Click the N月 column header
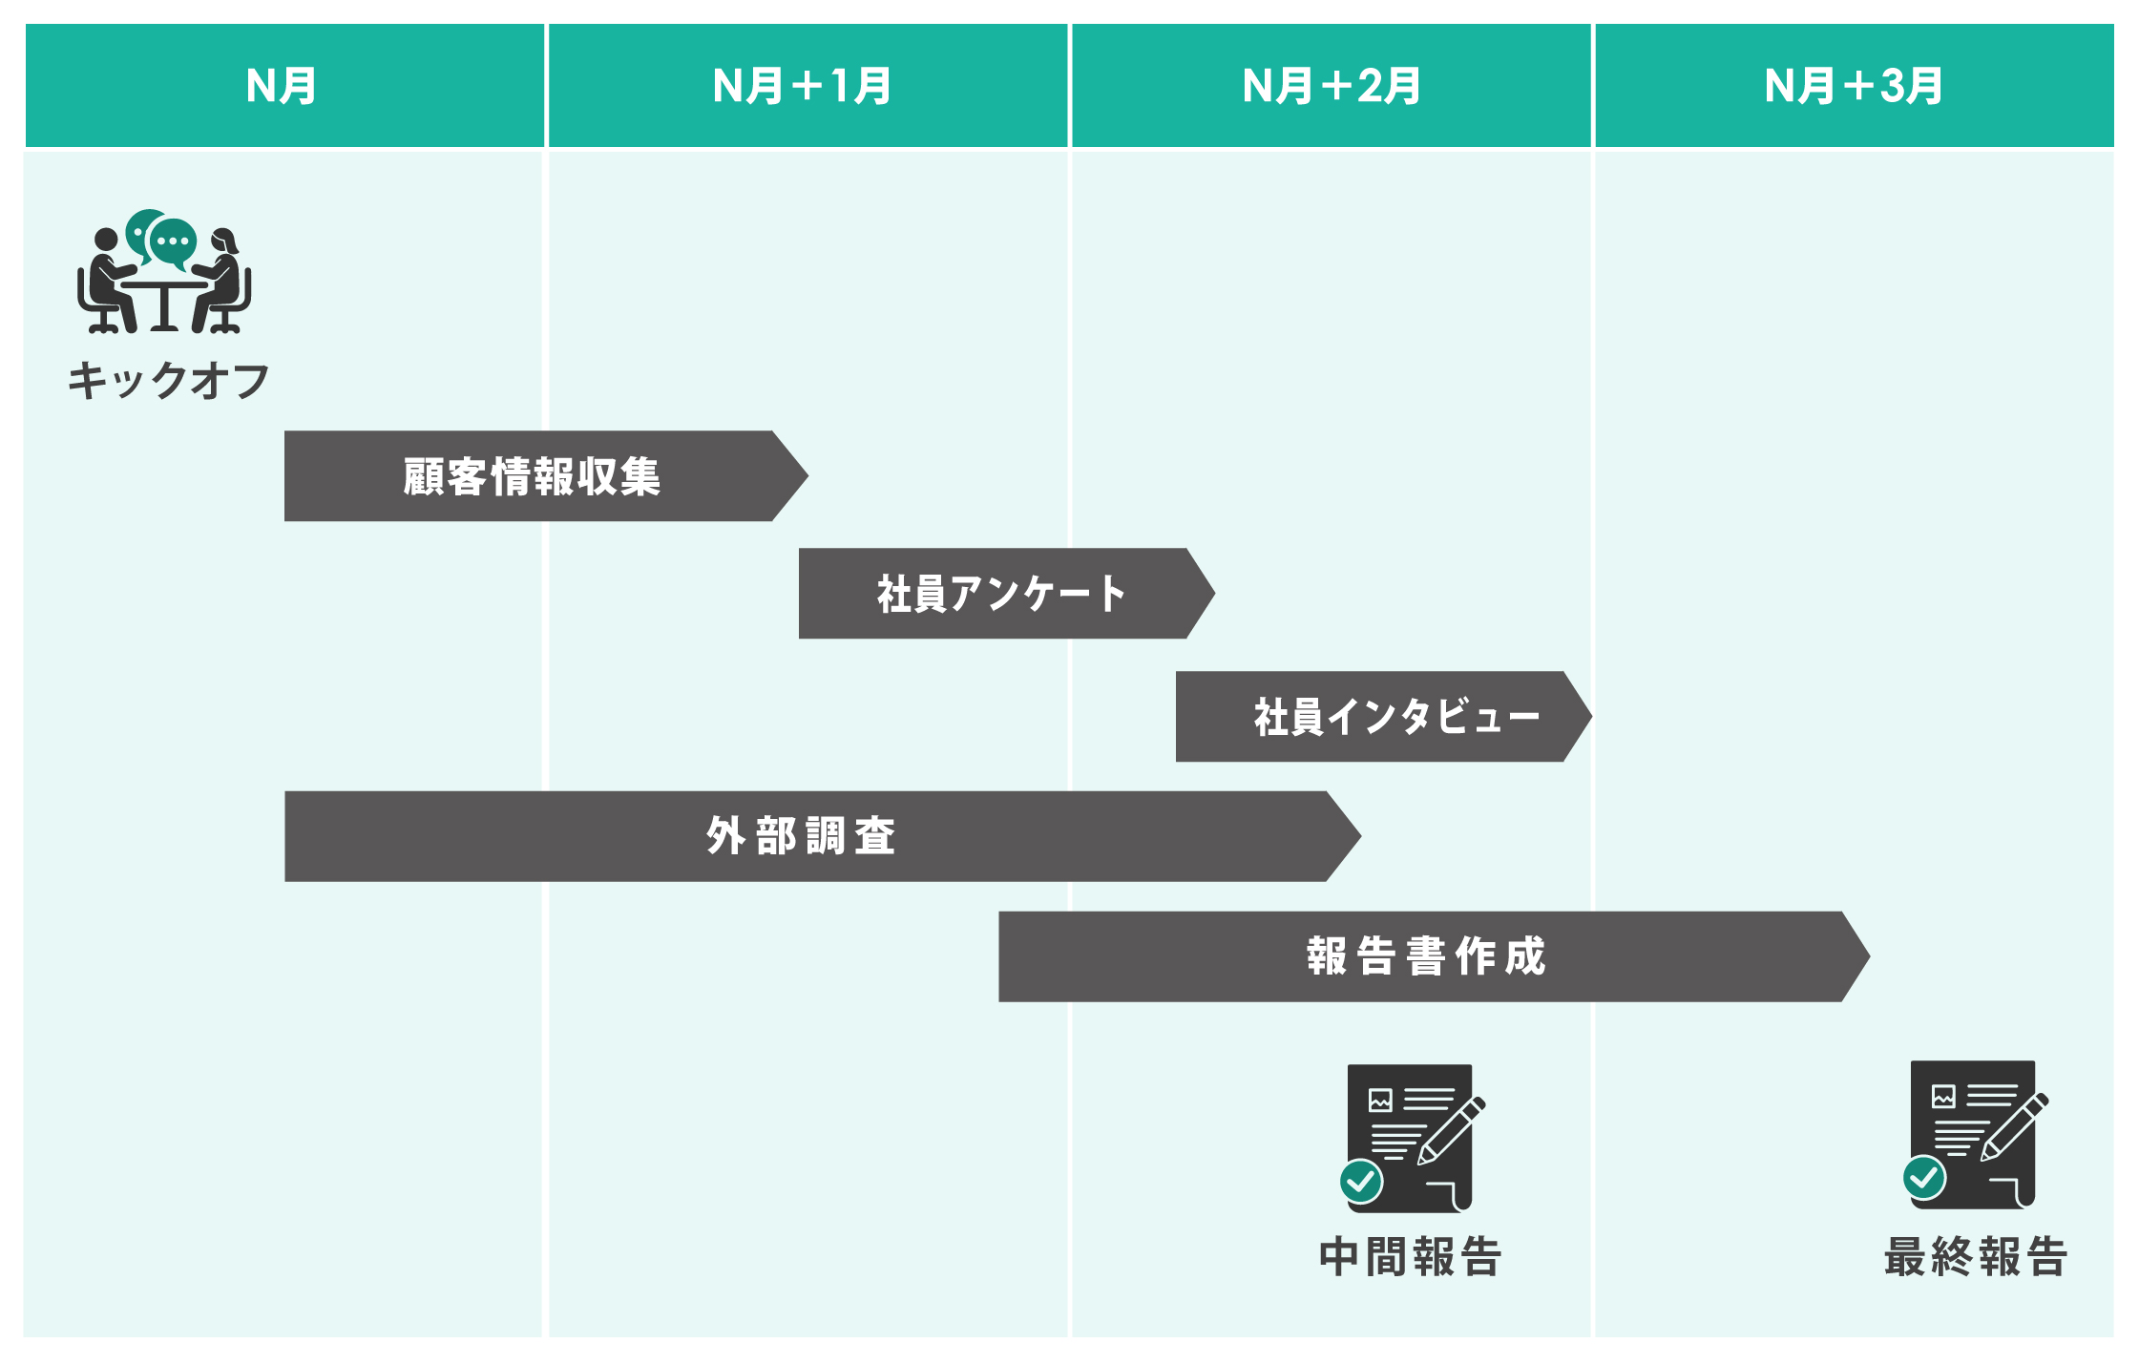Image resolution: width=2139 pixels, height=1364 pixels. point(283,86)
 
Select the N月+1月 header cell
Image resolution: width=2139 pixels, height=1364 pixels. point(804,86)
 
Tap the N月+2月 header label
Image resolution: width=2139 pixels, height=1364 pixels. point(1332,86)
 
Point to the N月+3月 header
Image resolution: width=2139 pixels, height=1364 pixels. point(1854,86)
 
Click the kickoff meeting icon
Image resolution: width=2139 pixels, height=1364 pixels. point(164,273)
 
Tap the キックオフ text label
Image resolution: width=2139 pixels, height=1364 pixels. point(169,381)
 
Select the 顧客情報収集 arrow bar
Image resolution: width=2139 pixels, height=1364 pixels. point(532,476)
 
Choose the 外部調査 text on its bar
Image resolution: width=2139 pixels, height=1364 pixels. point(801,836)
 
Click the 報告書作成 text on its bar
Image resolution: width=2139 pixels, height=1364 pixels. point(1426,956)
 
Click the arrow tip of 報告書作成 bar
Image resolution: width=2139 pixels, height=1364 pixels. point(1856,956)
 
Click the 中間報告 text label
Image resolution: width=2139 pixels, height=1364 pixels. point(1411,1256)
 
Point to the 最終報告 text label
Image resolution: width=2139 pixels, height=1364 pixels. point(1976,1256)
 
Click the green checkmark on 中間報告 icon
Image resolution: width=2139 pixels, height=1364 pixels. point(1361,1182)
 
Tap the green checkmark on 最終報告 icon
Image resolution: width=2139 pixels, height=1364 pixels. point(1924,1178)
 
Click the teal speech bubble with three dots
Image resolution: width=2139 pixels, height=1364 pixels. point(173,241)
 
